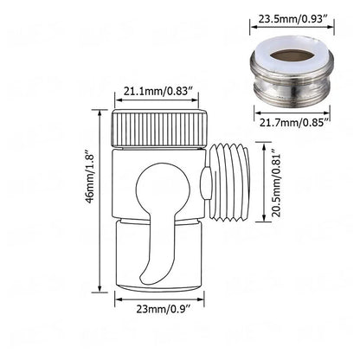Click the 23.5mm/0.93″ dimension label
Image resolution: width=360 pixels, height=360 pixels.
coord(292,19)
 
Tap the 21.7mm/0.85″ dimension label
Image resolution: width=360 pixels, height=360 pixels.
coord(294,123)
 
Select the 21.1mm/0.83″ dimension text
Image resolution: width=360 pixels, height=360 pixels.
coord(158,92)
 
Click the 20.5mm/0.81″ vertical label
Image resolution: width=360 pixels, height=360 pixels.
coord(277,183)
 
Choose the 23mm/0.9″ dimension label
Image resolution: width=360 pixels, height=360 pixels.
coord(164,309)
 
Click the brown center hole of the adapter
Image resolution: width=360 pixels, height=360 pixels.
coord(292,54)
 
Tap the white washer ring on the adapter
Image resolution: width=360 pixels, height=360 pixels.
coord(292,55)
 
